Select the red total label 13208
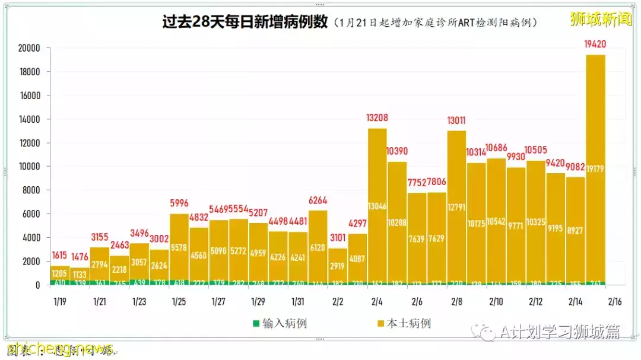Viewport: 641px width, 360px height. [377, 117]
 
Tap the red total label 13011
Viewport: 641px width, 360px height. [456, 120]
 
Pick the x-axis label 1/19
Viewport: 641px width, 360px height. [59, 301]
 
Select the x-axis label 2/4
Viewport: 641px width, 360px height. [377, 301]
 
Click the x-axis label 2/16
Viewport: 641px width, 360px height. [615, 301]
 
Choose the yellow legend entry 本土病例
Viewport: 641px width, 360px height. [404, 323]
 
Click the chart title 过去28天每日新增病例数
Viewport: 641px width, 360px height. [245, 22]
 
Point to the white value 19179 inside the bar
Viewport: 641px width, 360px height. [595, 170]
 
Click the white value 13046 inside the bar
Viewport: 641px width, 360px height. [377, 206]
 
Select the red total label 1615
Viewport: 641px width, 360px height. [61, 254]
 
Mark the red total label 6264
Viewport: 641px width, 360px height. [318, 200]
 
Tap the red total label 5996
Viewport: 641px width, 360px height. [179, 202]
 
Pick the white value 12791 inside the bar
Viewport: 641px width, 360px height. [456, 207]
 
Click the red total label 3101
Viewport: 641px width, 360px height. [338, 238]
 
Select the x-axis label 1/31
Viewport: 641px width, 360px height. [298, 301]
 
